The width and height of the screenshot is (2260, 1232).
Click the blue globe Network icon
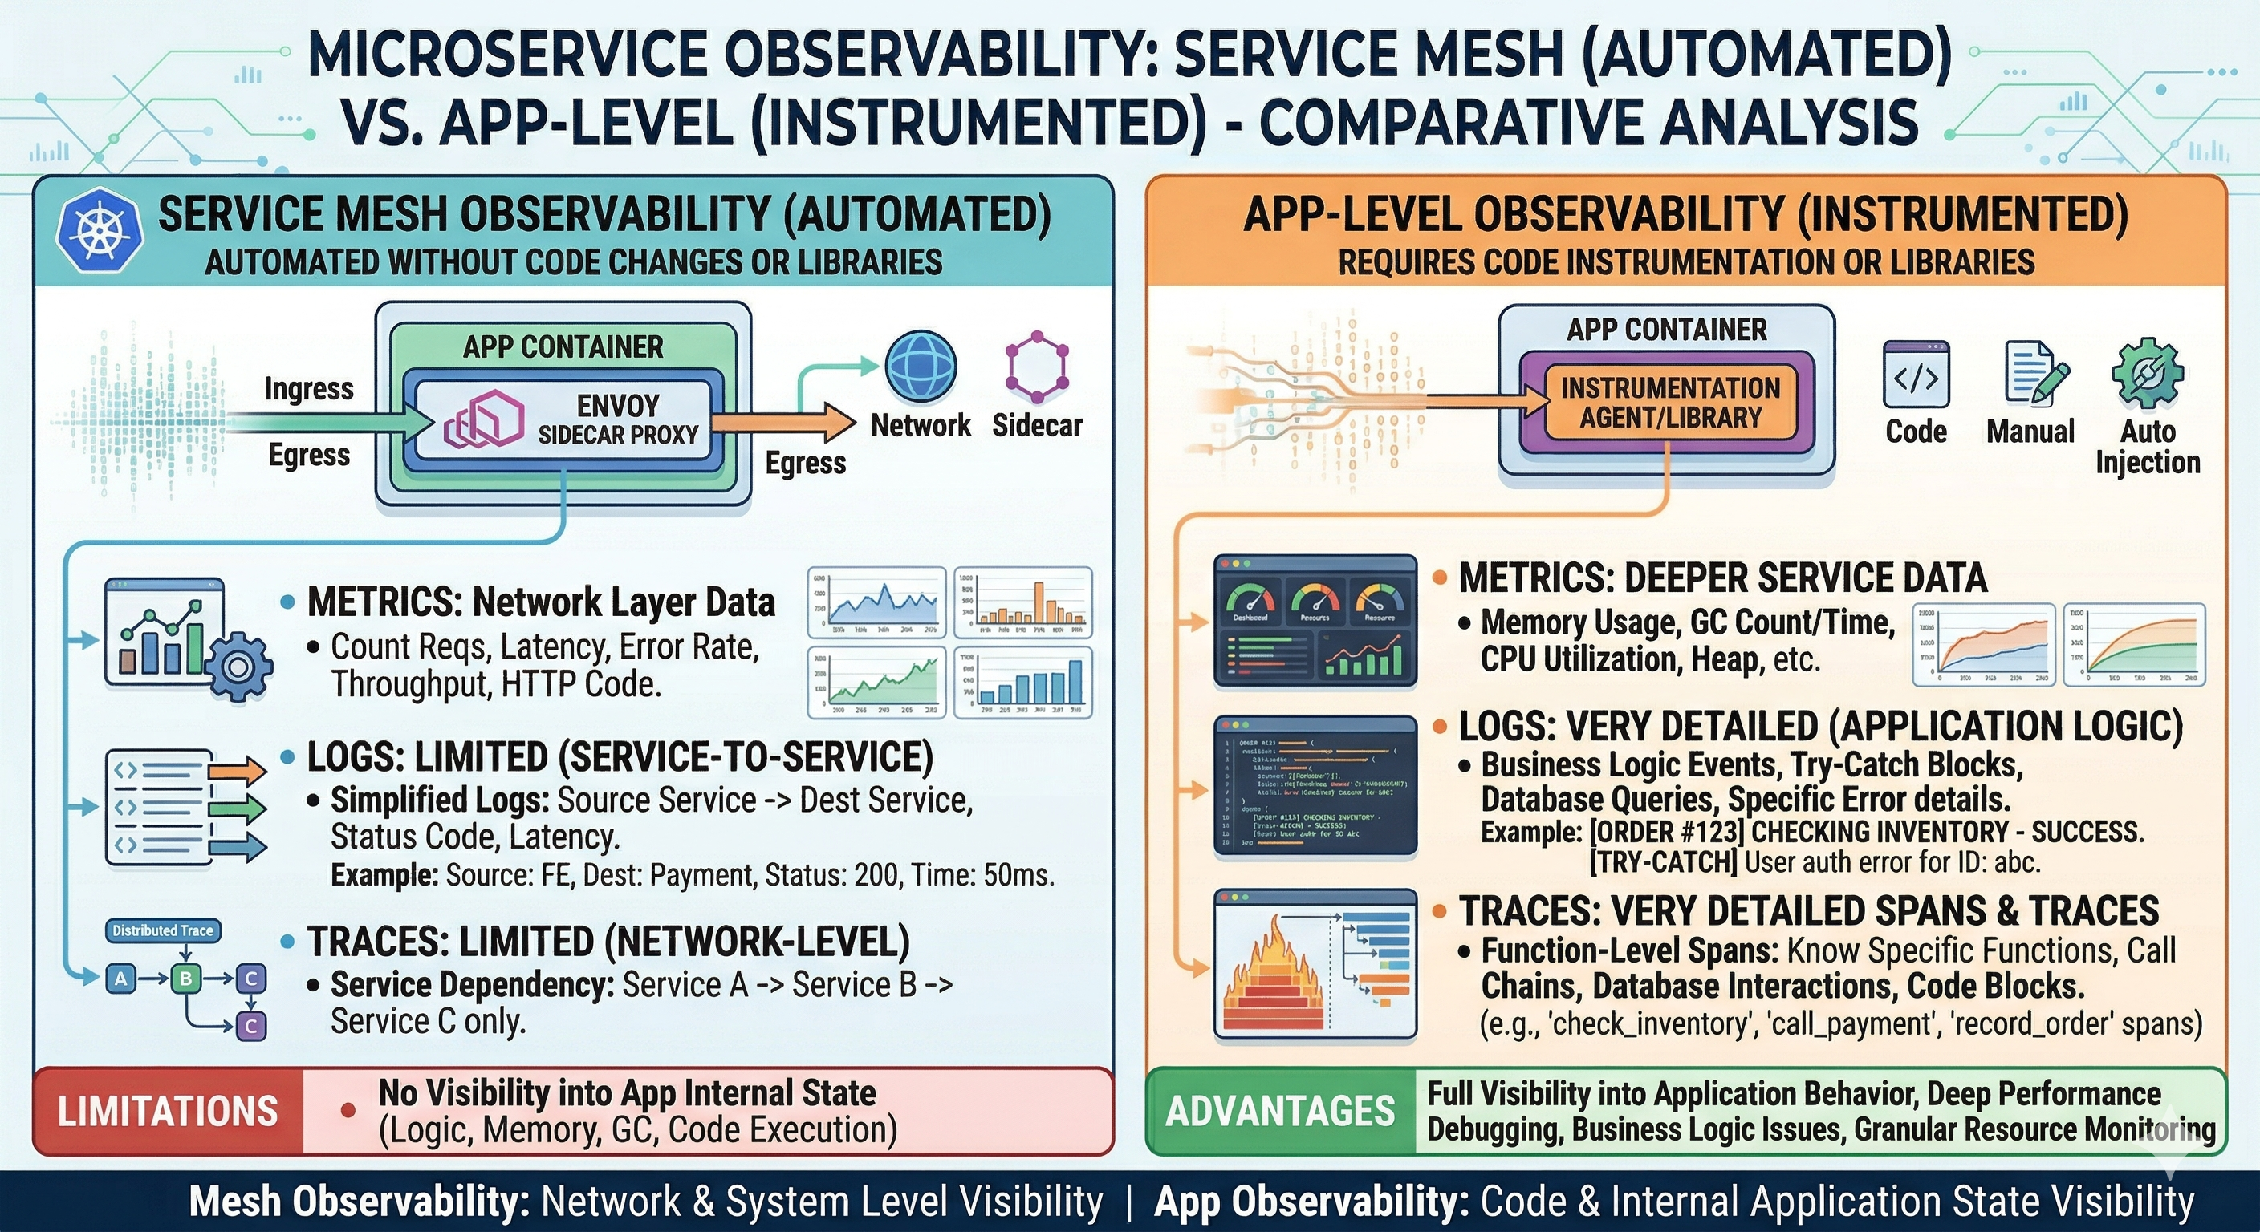point(921,367)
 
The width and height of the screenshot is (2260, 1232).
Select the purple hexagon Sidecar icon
point(1037,363)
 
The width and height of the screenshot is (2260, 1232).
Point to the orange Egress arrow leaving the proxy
point(781,423)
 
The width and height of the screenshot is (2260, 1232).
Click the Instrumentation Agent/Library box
point(1669,403)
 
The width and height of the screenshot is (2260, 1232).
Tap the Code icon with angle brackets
point(1916,375)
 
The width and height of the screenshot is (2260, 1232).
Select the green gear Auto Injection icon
point(2146,375)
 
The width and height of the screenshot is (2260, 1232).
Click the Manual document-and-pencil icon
point(2034,373)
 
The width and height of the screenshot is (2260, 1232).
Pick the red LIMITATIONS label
point(168,1112)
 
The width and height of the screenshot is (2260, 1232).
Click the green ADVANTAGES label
point(1280,1112)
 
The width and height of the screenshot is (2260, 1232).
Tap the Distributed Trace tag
point(162,930)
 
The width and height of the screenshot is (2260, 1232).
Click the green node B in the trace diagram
point(185,978)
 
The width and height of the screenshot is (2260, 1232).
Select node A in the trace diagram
point(121,978)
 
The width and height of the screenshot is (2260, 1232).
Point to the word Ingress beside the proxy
point(309,388)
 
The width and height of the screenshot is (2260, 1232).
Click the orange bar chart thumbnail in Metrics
point(1023,602)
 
